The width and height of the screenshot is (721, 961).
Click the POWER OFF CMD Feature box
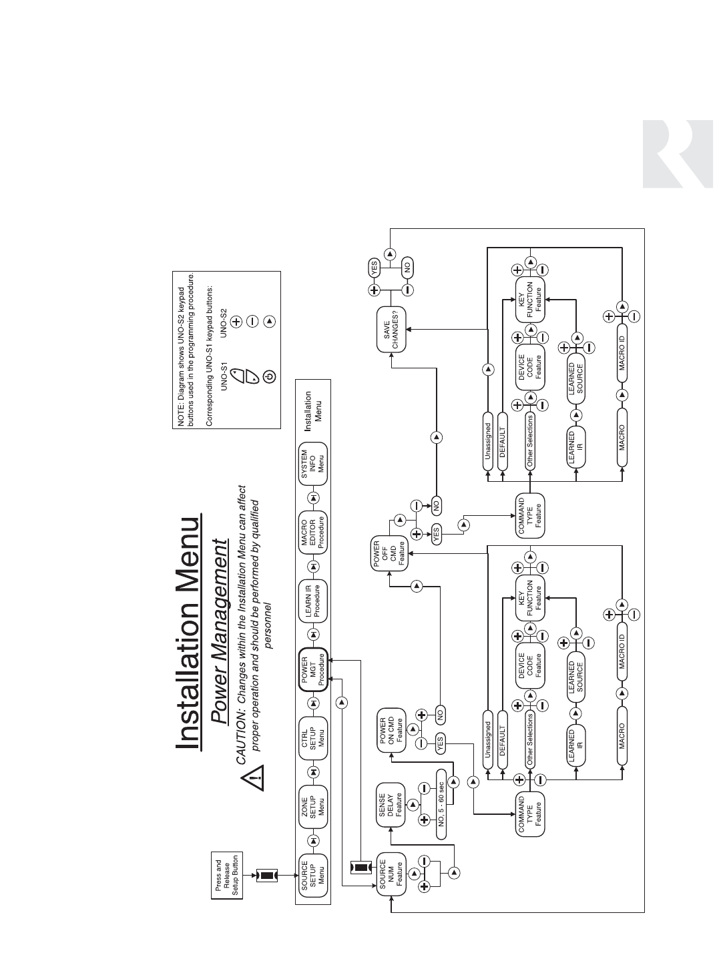pos(389,553)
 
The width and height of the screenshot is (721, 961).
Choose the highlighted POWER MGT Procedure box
pos(313,669)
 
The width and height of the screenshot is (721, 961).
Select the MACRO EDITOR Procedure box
pos(313,532)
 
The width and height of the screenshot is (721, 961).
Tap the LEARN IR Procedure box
pos(313,600)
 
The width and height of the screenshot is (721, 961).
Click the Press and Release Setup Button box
pos(227,876)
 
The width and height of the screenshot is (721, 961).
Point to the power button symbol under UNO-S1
pos(269,376)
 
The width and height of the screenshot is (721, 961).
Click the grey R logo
pos(678,154)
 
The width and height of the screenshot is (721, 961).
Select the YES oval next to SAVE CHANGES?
pos(374,268)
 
